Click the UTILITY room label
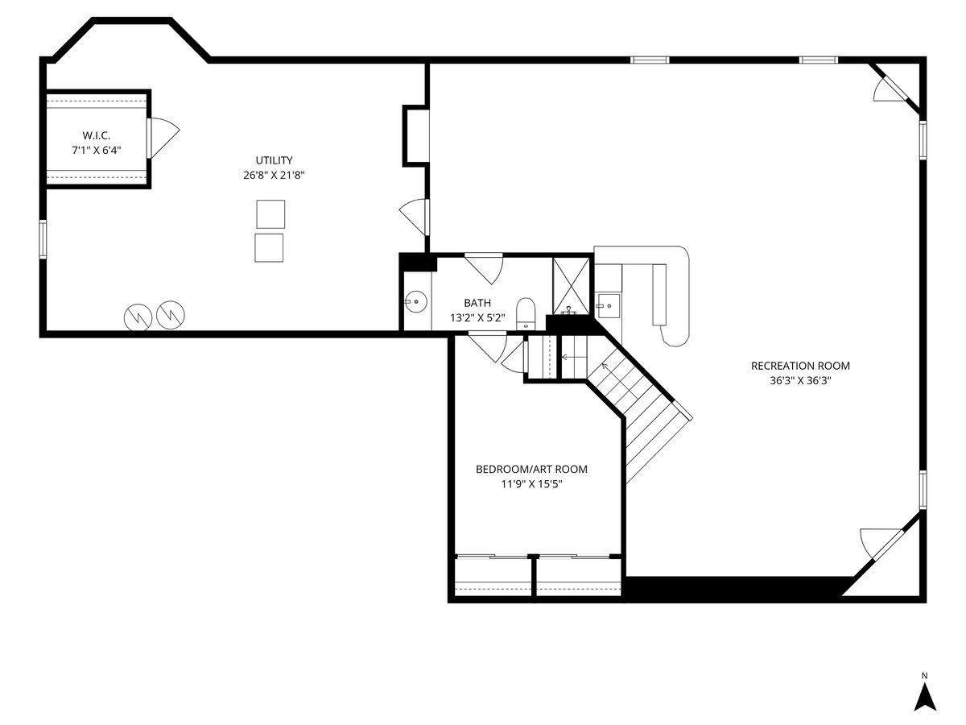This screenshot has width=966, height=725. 274,160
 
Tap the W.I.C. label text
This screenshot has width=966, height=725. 97,135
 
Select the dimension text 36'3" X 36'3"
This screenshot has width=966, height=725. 800,381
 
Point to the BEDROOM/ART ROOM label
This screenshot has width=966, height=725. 531,470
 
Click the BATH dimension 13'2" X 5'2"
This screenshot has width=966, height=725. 477,317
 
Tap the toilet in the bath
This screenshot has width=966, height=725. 525,314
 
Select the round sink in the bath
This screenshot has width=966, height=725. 416,301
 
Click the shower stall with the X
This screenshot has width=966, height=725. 571,287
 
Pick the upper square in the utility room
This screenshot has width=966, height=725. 270,214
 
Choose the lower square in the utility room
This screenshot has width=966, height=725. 269,248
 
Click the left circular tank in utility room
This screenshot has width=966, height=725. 138,317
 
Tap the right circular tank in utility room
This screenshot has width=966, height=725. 171,315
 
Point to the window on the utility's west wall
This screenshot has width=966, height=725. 43,239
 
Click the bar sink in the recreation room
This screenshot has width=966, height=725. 609,306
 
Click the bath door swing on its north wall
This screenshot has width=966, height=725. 484,268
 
